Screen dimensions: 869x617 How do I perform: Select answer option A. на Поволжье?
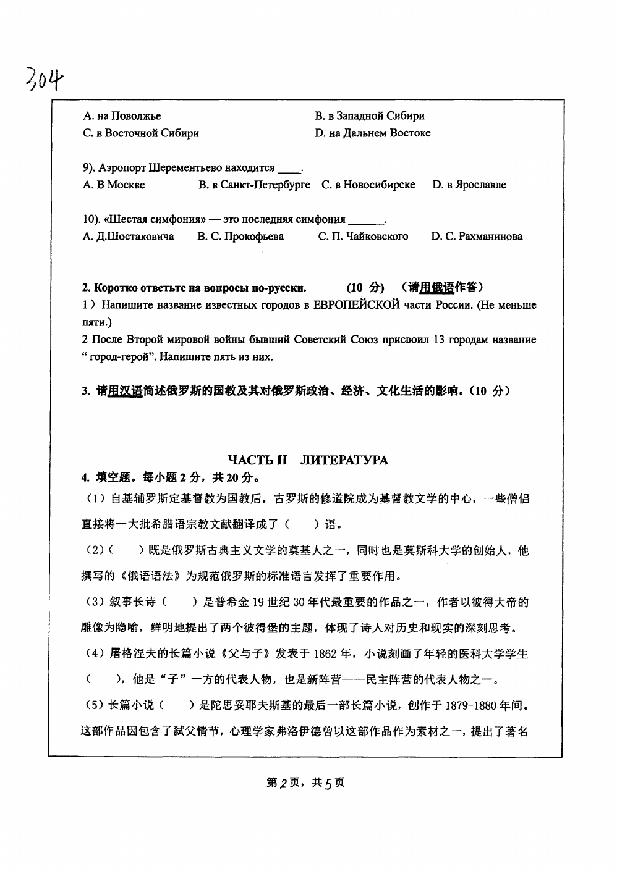click(x=122, y=115)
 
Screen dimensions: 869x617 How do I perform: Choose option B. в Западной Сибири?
click(x=369, y=115)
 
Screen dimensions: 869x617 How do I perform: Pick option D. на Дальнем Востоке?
click(x=372, y=133)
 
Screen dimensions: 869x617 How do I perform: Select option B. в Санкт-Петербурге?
click(x=254, y=185)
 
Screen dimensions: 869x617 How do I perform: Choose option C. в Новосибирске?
click(x=368, y=185)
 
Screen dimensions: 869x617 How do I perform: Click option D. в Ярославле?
click(x=469, y=185)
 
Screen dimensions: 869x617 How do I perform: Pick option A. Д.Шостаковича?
click(x=128, y=236)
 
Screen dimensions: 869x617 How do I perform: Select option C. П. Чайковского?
click(x=363, y=236)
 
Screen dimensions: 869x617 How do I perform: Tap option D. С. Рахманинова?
click(x=476, y=236)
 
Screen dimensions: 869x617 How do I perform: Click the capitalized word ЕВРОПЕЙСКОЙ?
click(x=357, y=305)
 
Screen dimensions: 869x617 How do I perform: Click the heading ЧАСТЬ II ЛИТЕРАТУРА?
click(x=308, y=460)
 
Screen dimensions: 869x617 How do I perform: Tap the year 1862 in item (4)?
click(x=324, y=654)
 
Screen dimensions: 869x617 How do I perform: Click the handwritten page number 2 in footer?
click(x=285, y=783)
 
